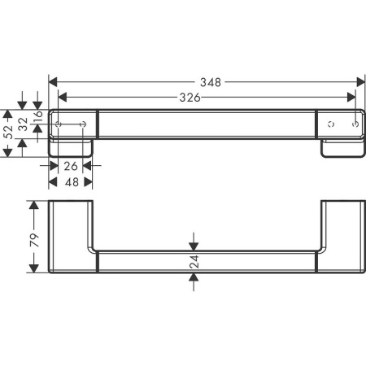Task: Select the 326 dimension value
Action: click(x=190, y=97)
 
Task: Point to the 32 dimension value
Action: click(x=23, y=123)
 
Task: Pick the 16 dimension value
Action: click(x=37, y=118)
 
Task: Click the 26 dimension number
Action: click(x=70, y=167)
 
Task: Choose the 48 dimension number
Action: click(x=70, y=183)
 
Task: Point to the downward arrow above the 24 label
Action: click(x=193, y=243)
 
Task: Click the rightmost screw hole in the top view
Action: click(x=354, y=124)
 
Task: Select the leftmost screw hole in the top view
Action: click(x=59, y=124)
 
